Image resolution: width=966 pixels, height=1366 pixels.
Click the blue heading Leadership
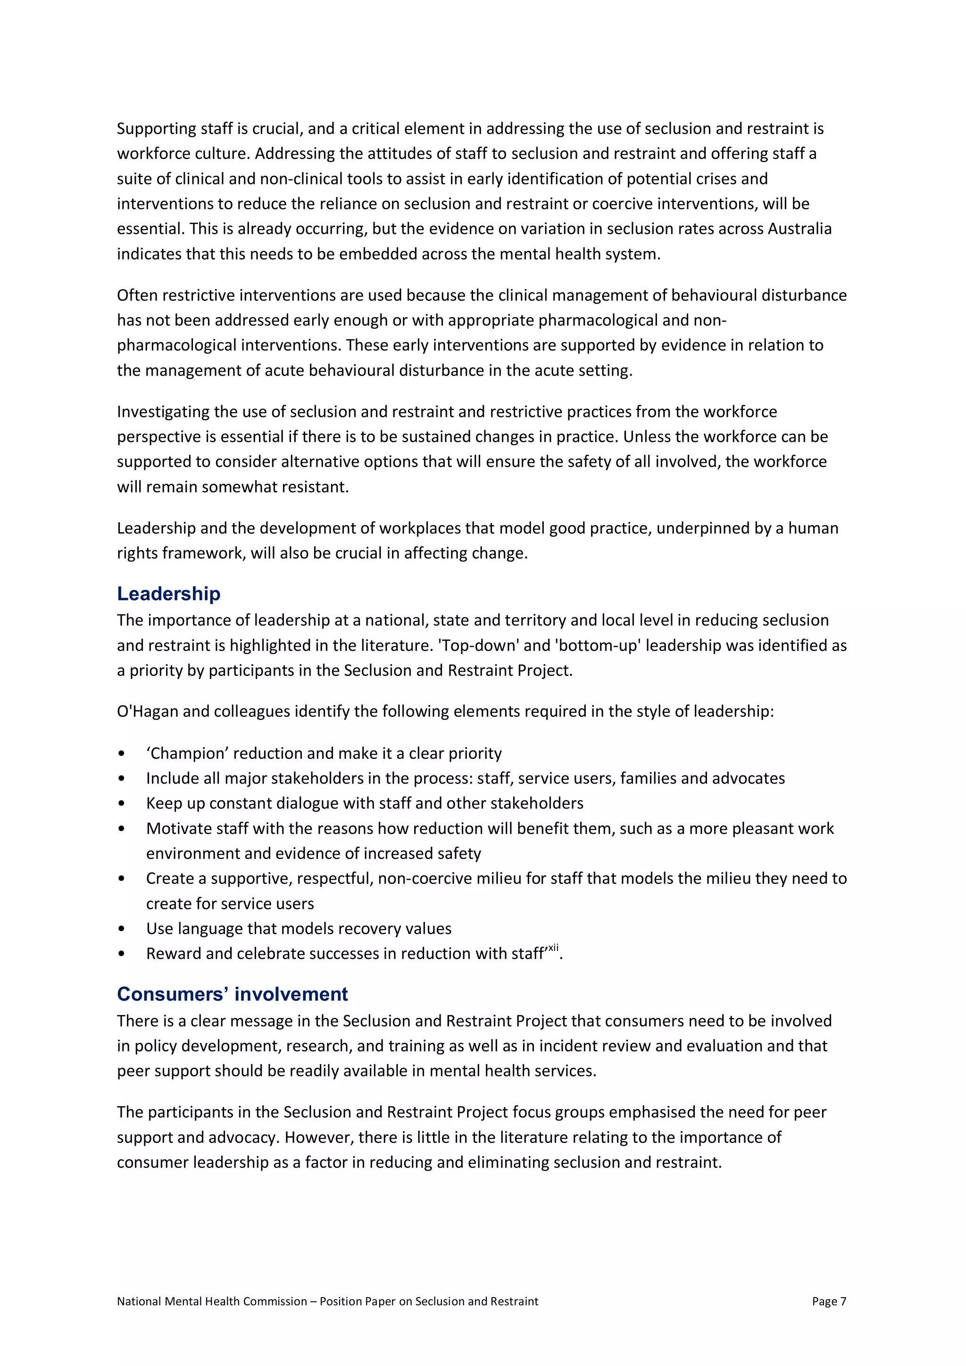(x=168, y=594)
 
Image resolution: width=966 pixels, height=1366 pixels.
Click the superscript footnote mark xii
(x=553, y=948)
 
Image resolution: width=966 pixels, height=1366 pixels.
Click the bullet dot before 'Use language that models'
(x=122, y=929)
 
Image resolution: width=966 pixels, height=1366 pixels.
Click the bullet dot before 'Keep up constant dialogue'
(x=122, y=803)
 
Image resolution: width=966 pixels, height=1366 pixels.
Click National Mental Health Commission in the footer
(x=212, y=1301)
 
